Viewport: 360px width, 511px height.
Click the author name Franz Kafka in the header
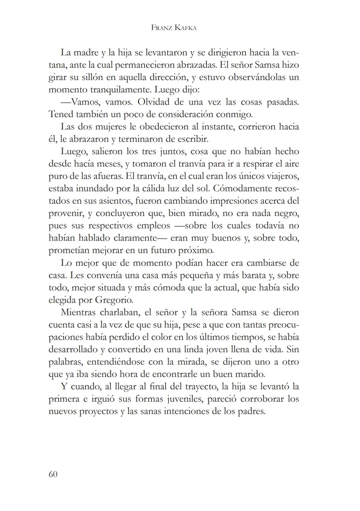click(174, 28)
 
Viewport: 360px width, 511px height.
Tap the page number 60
click(53, 474)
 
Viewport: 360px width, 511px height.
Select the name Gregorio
click(114, 300)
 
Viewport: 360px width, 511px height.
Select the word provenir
click(66, 213)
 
